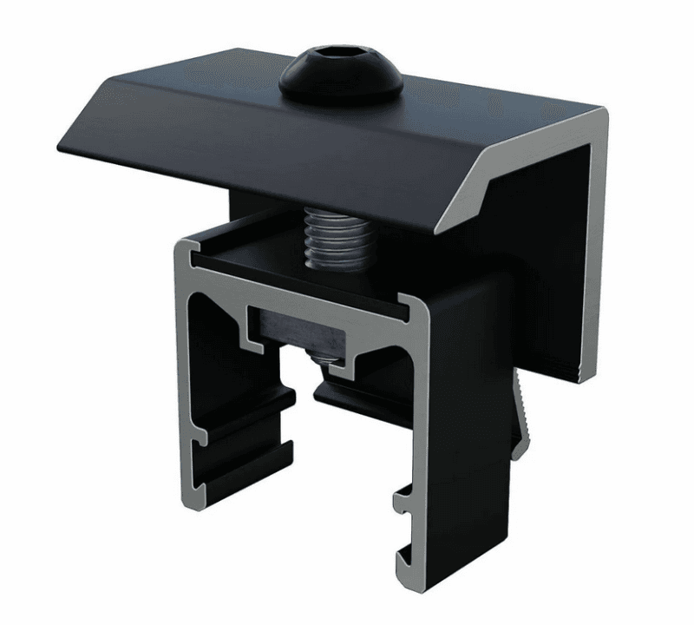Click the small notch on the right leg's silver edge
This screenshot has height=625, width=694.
400,499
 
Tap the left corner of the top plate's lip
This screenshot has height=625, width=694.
59,139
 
